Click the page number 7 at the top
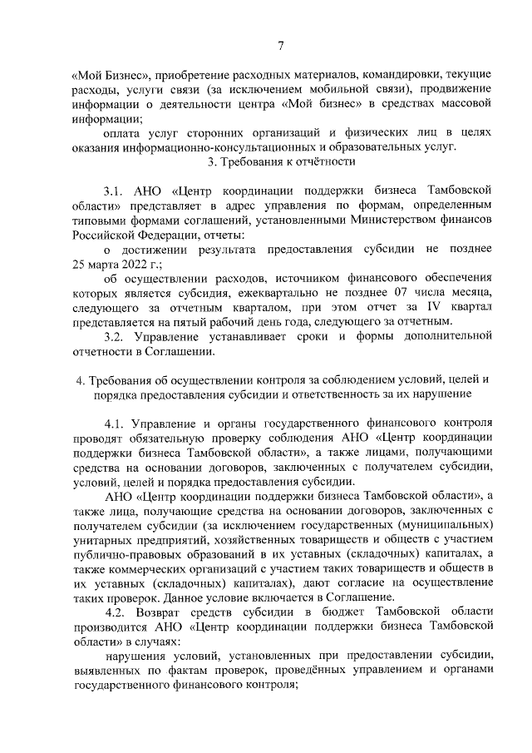(x=281, y=46)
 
